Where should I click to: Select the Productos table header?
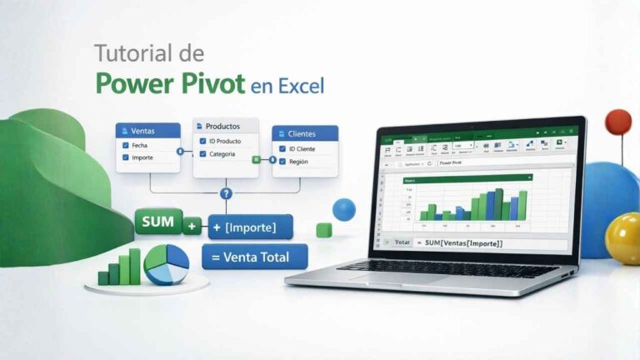click(x=226, y=126)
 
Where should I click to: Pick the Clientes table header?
click(x=305, y=133)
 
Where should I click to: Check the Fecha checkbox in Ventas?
click(x=126, y=145)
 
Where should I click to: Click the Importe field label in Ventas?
click(x=142, y=157)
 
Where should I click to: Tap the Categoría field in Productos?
click(x=222, y=153)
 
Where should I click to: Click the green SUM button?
click(x=157, y=222)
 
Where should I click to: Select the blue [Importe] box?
click(x=251, y=227)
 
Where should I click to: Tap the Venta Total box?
click(x=254, y=257)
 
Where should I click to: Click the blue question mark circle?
click(x=225, y=194)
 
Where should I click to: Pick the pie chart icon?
click(x=166, y=265)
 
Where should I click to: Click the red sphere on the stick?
click(x=617, y=122)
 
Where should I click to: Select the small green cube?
click(x=324, y=230)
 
